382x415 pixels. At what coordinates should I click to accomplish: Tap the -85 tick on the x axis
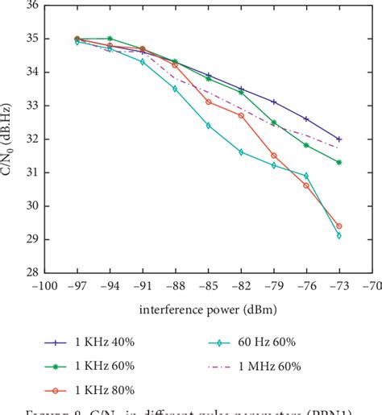pos(208,286)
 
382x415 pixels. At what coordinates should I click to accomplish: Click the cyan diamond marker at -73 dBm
pos(339,235)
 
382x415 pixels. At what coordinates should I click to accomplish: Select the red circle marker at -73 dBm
pos(339,226)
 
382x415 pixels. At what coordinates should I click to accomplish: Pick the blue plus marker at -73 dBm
pos(339,139)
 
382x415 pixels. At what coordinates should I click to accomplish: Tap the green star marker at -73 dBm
pos(339,162)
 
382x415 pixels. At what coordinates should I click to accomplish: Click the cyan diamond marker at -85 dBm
pos(208,126)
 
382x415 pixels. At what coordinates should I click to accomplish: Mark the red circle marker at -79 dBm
pos(274,156)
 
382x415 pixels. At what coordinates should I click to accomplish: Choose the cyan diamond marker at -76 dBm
pos(306,176)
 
